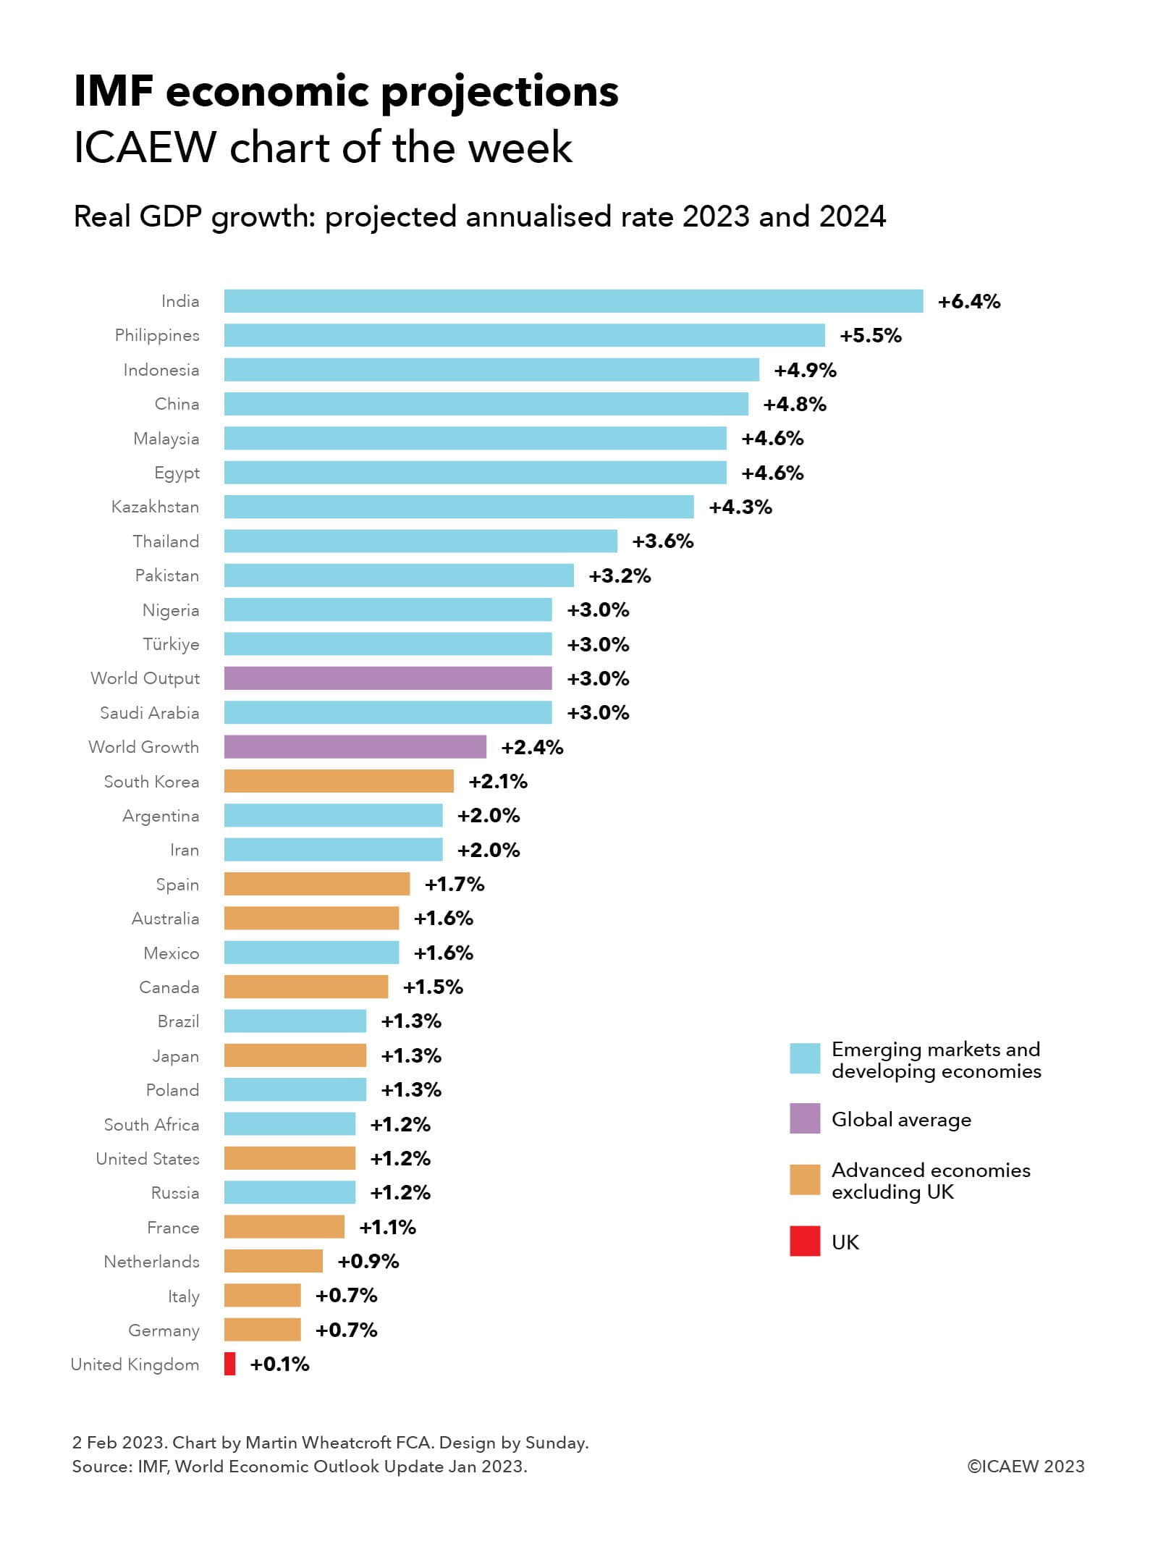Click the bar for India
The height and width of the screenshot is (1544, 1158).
[573, 301]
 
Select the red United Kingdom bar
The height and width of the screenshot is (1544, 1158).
[229, 1364]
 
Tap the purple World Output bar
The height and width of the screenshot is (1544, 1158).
[388, 678]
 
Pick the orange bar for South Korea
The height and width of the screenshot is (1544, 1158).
[339, 781]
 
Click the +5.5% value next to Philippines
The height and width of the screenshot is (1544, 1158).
[871, 335]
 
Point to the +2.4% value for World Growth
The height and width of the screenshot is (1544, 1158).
[532, 747]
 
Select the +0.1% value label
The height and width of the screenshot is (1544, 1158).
[279, 1364]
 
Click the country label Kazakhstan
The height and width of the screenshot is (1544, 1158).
[155, 507]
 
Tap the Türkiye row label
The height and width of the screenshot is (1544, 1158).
[171, 644]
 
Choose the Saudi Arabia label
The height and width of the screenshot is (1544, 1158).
[149, 713]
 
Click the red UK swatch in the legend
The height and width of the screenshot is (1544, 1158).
[805, 1241]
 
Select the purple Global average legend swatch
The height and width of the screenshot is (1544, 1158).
[805, 1118]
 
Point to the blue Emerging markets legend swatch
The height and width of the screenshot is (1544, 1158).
[805, 1058]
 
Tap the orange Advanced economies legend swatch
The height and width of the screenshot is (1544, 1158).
[805, 1179]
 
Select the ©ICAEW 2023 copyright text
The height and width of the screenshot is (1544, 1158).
[1026, 1466]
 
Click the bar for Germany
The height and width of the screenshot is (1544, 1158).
[262, 1330]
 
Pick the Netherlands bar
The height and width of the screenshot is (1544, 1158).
[273, 1261]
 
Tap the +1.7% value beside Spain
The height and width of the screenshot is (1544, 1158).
[455, 884]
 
